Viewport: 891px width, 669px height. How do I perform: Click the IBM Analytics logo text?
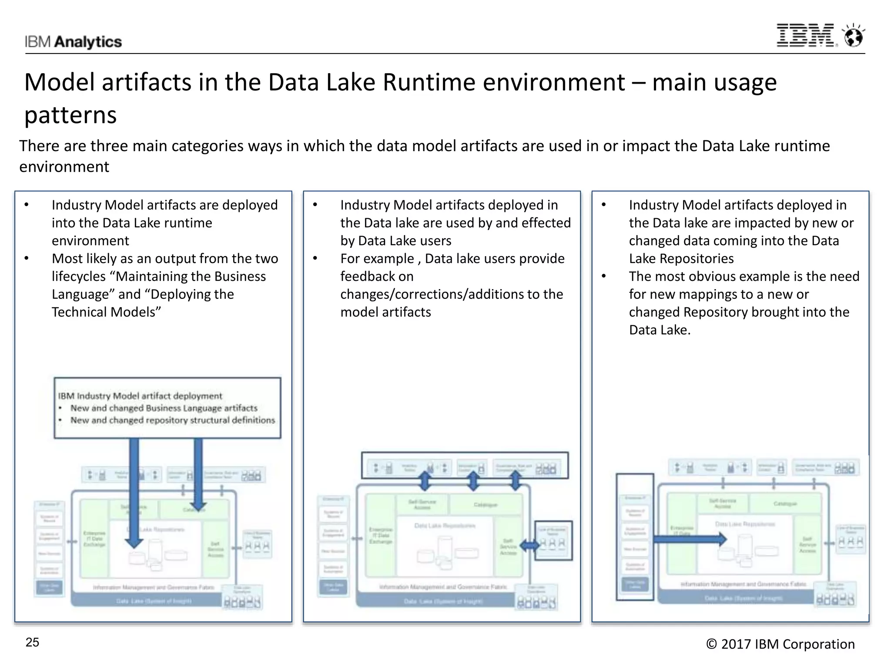click(x=73, y=42)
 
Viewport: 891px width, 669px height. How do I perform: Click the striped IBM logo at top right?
click(x=805, y=35)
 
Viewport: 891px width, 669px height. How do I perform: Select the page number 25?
click(x=33, y=642)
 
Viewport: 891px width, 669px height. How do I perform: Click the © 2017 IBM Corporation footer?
click(x=780, y=644)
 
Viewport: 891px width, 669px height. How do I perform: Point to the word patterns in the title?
click(x=70, y=115)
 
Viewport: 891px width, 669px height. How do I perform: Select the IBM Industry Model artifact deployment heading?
click(x=140, y=396)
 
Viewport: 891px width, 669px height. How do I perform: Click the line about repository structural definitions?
click(x=173, y=420)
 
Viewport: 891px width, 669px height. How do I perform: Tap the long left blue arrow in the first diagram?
click(x=134, y=492)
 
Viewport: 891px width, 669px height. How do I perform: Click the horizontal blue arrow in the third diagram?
click(x=690, y=540)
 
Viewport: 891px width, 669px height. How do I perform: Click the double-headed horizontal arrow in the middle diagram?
click(x=530, y=545)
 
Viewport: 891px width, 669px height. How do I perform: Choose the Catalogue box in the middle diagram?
click(x=486, y=505)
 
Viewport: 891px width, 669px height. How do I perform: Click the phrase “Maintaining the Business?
click(x=191, y=277)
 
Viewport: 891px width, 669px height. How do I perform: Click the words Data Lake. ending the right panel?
click(x=660, y=330)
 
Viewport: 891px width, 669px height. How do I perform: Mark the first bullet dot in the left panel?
click(x=27, y=205)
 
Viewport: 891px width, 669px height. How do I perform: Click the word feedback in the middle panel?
click(x=377, y=277)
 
